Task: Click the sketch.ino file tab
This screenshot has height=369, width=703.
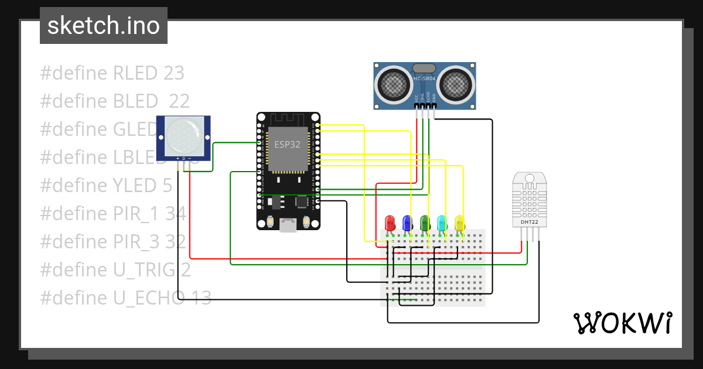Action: tap(104, 26)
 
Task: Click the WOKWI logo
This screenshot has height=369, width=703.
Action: tap(622, 323)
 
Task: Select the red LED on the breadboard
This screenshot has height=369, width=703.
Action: tap(390, 223)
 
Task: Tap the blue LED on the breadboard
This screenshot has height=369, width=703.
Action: tap(407, 223)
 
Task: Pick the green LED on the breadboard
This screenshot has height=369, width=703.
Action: tap(425, 223)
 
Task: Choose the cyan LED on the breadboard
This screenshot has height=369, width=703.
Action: tap(442, 223)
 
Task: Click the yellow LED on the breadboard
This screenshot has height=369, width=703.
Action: tap(459, 223)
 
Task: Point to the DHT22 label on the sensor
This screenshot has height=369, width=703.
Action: tap(530, 223)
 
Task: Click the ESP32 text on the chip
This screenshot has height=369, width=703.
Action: tap(287, 145)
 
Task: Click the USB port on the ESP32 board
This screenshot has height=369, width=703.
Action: tap(288, 224)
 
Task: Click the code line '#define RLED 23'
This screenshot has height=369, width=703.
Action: tap(112, 73)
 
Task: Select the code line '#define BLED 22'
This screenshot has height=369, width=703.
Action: tap(115, 101)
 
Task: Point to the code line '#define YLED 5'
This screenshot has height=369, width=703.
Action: tap(106, 185)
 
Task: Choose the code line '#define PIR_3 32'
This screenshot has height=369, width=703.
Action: tap(113, 241)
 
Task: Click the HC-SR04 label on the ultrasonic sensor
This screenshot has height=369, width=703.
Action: tap(425, 78)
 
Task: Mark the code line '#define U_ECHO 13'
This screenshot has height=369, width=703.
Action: tap(125, 298)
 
